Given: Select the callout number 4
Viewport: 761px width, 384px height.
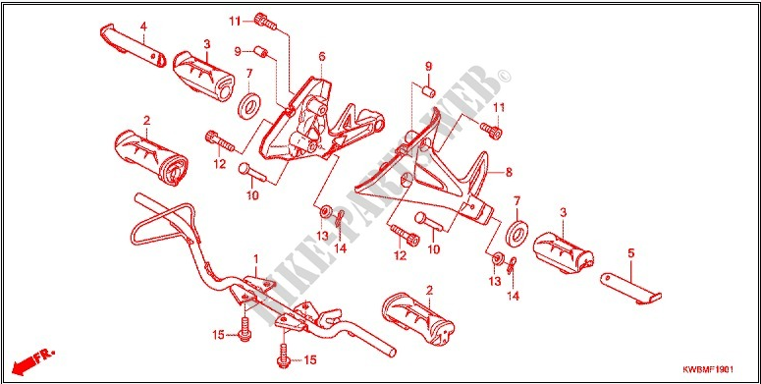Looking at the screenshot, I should [x=142, y=26].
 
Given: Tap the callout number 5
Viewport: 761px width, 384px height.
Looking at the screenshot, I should [x=631, y=252].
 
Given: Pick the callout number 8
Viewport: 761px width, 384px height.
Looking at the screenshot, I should [x=508, y=172].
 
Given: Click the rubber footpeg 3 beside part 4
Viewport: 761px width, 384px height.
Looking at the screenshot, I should [x=204, y=72].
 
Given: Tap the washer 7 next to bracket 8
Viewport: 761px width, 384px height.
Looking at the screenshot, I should [x=514, y=236].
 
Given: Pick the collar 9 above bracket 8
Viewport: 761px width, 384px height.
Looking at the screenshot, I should [x=428, y=89].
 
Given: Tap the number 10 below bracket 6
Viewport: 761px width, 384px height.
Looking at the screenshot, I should [x=252, y=195].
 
